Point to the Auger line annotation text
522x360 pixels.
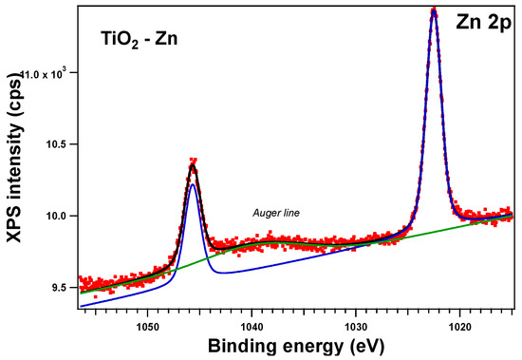click(x=276, y=213)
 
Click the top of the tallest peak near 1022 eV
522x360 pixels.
click(x=434, y=11)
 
